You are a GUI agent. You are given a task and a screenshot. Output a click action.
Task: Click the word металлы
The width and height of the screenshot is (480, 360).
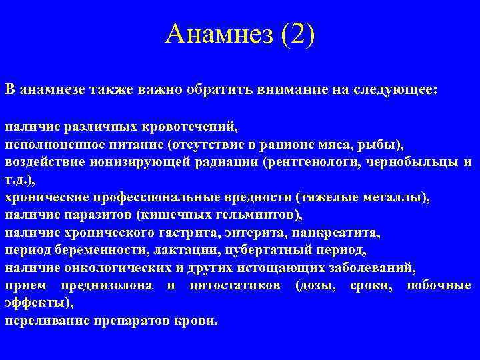click(x=399, y=197)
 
